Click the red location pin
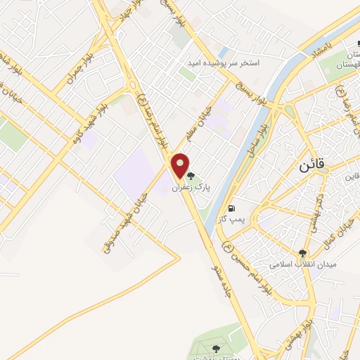(181, 165)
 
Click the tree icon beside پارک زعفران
(191, 176)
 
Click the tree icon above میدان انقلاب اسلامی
(302, 253)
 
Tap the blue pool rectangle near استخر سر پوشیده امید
(223, 52)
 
